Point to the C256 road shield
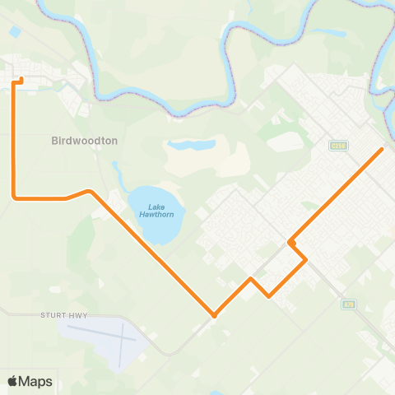(x=338, y=146)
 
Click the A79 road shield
(x=349, y=304)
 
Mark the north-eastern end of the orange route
(x=383, y=149)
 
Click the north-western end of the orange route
(x=21, y=79)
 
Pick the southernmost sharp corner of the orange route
(x=214, y=315)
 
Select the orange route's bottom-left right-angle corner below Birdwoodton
(x=14, y=197)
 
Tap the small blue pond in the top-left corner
(x=16, y=31)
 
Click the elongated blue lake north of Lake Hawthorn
(x=191, y=146)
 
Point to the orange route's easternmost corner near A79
(x=306, y=260)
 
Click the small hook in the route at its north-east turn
(x=290, y=242)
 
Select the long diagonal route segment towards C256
(x=337, y=195)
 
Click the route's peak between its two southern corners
(x=251, y=279)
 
